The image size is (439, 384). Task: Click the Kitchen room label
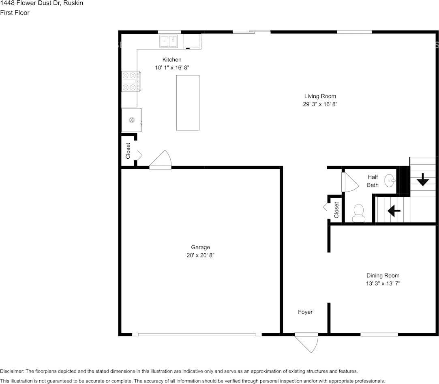[172, 60]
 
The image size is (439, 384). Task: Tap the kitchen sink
[169, 41]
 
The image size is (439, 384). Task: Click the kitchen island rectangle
[188, 103]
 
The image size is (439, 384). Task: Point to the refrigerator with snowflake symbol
[131, 120]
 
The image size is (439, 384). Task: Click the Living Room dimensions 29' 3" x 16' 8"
[320, 104]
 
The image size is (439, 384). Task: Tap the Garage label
[201, 247]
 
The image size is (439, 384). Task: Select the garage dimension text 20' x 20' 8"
[201, 255]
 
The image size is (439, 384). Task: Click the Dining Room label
[383, 276]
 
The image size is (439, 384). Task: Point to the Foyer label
[305, 312]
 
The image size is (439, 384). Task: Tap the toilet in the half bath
[358, 213]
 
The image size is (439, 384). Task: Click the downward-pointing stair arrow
[423, 179]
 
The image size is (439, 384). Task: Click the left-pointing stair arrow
[394, 211]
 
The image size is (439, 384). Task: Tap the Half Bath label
[373, 181]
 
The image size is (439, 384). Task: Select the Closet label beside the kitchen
[128, 151]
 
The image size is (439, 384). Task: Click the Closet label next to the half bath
[336, 210]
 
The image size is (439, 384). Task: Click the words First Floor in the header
[15, 13]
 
